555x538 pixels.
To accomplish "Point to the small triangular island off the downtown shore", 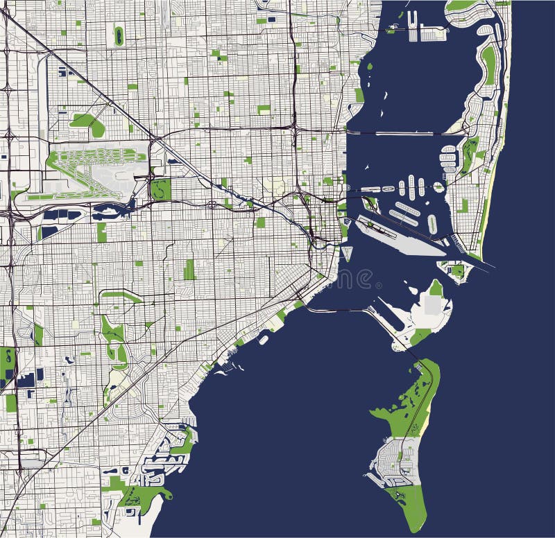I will tap(348, 254).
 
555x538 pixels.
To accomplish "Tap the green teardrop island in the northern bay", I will tap(369, 67).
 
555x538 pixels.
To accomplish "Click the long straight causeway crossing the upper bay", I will tap(402, 132).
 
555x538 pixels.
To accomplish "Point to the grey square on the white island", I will tap(434, 304).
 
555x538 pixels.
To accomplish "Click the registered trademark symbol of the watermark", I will tap(378, 285).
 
